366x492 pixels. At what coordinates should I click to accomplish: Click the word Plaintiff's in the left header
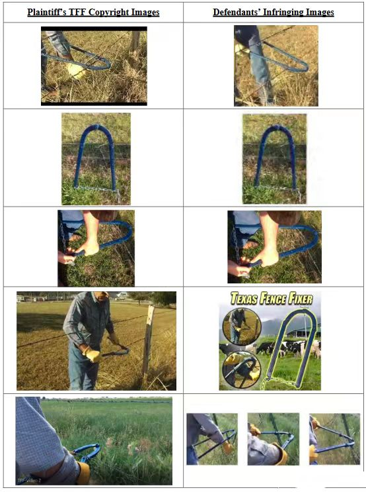tap(47, 12)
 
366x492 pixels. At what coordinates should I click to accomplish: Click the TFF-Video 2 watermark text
tap(30, 480)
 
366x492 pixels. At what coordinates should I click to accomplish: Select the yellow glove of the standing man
tap(92, 354)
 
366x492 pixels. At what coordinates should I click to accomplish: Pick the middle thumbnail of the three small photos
tap(274, 439)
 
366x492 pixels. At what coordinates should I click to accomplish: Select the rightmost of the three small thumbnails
tap(335, 439)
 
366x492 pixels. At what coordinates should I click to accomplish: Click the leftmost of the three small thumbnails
tap(212, 439)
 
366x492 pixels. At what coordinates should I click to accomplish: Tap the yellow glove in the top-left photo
tap(76, 70)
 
